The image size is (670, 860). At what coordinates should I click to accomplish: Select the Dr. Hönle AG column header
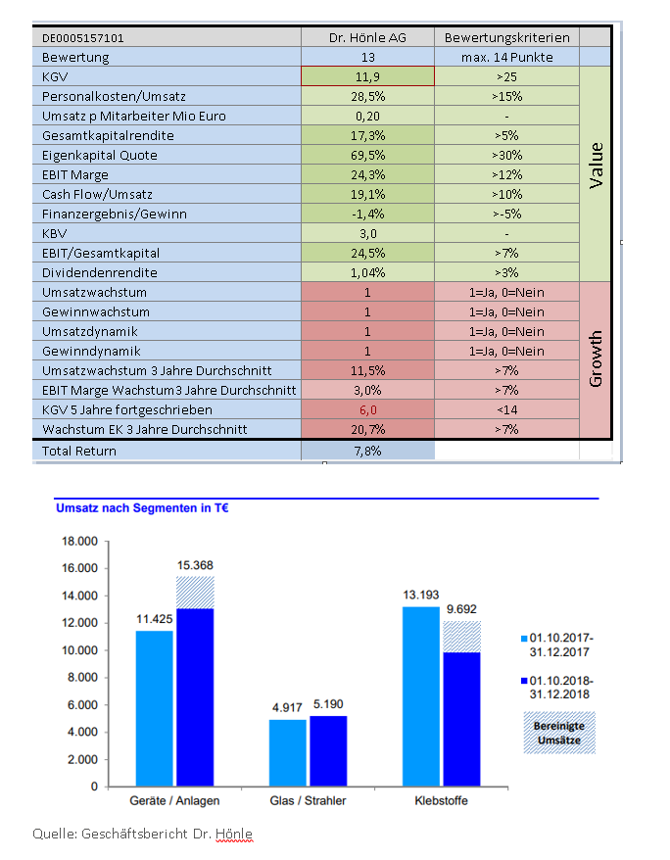[x=367, y=38]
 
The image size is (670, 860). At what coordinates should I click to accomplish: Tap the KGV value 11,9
[x=367, y=76]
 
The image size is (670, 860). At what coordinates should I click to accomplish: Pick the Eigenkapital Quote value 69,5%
[x=367, y=155]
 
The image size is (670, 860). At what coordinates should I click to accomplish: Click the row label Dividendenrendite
[x=100, y=272]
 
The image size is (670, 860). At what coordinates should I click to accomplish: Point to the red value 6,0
[x=367, y=409]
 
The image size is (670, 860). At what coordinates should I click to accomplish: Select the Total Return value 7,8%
[x=367, y=451]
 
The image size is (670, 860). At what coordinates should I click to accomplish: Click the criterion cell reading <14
[x=506, y=409]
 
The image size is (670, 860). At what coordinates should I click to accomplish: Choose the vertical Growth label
[x=595, y=358]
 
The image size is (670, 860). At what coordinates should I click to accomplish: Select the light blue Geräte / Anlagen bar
[x=154, y=707]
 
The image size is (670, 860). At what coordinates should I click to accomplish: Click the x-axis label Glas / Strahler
[x=308, y=801]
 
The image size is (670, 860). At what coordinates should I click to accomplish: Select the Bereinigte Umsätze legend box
[x=558, y=732]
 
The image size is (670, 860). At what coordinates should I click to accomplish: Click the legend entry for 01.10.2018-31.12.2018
[x=561, y=685]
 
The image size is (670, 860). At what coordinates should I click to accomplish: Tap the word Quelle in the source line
[x=53, y=834]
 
